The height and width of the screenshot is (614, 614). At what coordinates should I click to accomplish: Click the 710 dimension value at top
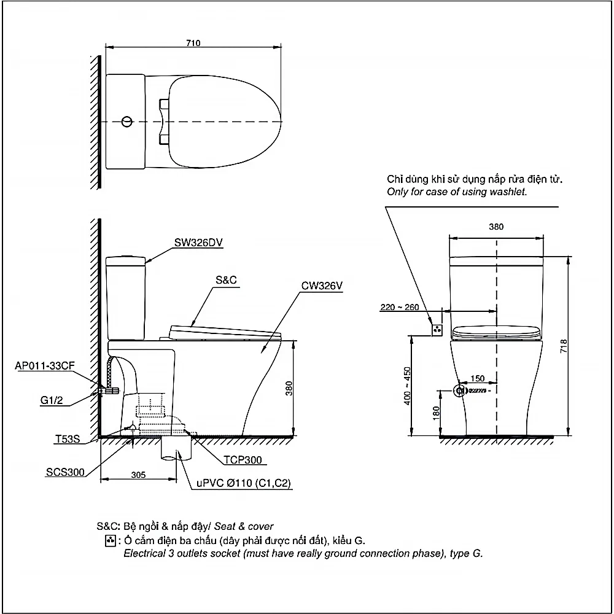pyautogui.click(x=193, y=43)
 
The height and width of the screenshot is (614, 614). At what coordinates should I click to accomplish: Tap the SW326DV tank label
pyautogui.click(x=198, y=243)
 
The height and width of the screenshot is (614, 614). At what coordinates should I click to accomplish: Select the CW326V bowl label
pyautogui.click(x=322, y=286)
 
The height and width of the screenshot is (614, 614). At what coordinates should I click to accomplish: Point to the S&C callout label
pyautogui.click(x=226, y=280)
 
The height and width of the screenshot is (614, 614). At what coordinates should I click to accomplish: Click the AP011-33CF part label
pyautogui.click(x=45, y=366)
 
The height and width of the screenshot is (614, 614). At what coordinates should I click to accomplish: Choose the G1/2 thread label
pyautogui.click(x=52, y=400)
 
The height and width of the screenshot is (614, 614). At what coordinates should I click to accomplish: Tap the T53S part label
pyautogui.click(x=68, y=439)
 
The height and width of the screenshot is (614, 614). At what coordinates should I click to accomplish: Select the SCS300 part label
pyautogui.click(x=66, y=472)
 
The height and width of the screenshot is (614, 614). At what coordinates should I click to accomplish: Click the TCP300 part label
pyautogui.click(x=243, y=460)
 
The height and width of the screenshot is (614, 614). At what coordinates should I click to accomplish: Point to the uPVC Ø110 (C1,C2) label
pyautogui.click(x=244, y=483)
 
